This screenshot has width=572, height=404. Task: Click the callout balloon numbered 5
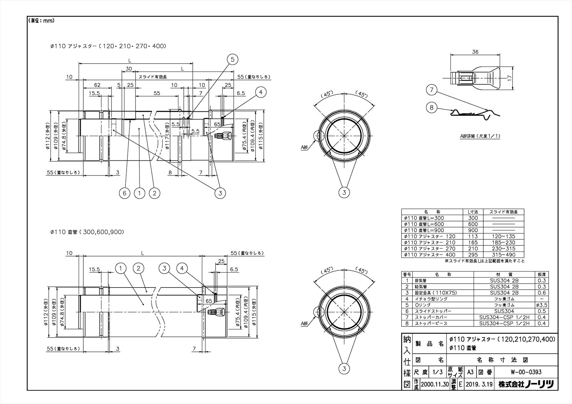(x=232, y=60)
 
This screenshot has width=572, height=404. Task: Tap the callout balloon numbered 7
(x=432, y=90)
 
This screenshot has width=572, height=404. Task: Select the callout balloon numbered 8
(x=432, y=107)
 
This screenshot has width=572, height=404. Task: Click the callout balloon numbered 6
(x=124, y=193)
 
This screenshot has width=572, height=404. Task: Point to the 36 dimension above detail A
(x=475, y=52)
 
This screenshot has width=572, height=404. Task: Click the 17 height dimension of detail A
(x=510, y=77)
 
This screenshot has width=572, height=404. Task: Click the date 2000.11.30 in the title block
(x=435, y=384)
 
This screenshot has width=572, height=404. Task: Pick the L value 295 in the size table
(x=473, y=255)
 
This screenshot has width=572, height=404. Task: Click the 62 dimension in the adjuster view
(x=97, y=85)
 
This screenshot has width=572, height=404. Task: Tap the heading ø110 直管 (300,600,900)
(x=87, y=232)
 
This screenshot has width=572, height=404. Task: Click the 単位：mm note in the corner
(x=41, y=21)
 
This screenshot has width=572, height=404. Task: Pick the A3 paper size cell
(x=470, y=372)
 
